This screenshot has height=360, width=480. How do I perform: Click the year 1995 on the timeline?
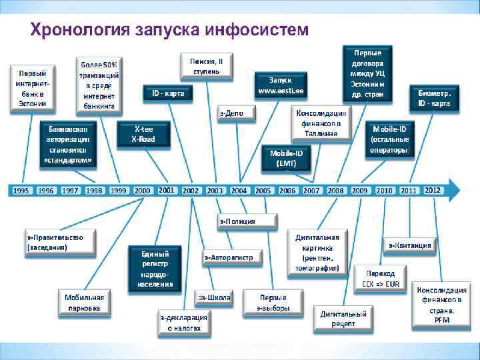(x=21, y=190)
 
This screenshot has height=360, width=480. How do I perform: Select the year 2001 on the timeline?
(x=167, y=190)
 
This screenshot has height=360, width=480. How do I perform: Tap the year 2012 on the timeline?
(x=433, y=190)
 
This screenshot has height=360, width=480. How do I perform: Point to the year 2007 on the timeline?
(x=311, y=190)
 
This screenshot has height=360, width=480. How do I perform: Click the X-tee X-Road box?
(x=144, y=134)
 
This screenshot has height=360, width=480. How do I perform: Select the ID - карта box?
(x=168, y=93)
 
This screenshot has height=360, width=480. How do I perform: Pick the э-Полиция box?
(x=238, y=221)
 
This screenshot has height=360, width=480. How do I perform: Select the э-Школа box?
(x=214, y=297)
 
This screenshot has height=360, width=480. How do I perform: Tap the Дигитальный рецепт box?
(x=343, y=319)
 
